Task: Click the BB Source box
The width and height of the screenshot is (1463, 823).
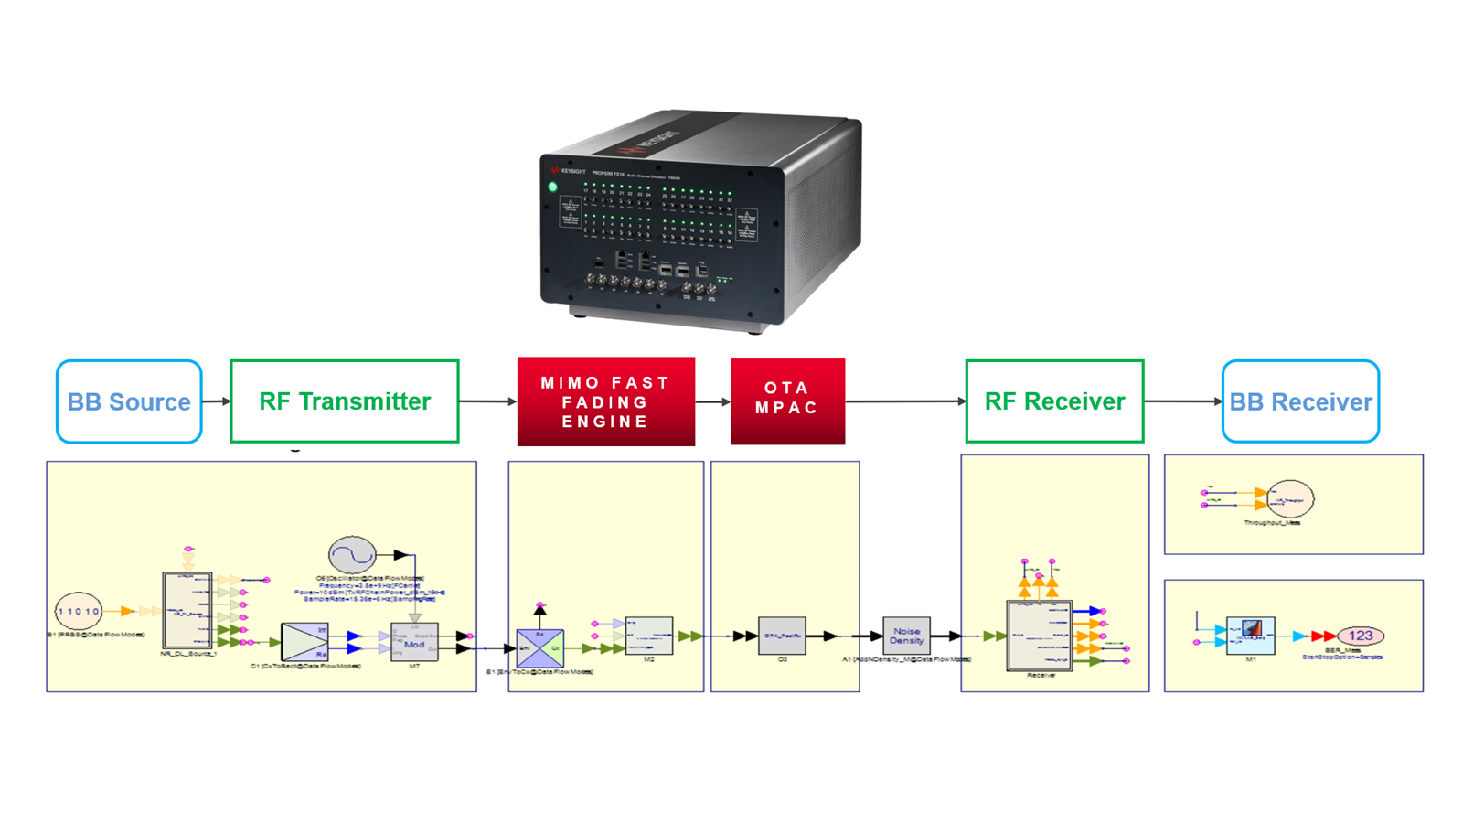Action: (129, 401)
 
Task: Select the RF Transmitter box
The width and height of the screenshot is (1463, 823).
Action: (344, 401)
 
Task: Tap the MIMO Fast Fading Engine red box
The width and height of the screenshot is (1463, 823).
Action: (605, 401)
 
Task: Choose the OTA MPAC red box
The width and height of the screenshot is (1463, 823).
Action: (787, 401)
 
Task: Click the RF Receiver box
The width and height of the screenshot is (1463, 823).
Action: (1054, 401)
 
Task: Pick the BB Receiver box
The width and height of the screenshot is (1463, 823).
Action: (1300, 401)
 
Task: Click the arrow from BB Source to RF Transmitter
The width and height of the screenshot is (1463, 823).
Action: (216, 401)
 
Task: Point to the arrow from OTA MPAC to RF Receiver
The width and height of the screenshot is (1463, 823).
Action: (905, 401)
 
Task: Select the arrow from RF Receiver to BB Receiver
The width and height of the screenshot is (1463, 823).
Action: (1182, 401)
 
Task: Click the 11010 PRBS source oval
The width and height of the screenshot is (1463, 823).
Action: (79, 611)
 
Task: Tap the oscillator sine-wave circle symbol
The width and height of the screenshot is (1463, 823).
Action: (352, 554)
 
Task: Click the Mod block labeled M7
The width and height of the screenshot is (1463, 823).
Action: (414, 642)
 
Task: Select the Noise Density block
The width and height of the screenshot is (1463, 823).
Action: (906, 636)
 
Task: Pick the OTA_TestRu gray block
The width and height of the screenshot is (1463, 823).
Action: (782, 636)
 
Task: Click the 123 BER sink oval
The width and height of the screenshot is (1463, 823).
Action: (1361, 636)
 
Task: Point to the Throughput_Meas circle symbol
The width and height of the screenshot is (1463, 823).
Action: (1290, 499)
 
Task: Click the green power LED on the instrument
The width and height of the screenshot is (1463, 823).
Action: (552, 187)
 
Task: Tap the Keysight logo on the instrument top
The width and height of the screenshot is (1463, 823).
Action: (652, 143)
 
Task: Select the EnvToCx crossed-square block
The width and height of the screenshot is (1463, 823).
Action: (539, 647)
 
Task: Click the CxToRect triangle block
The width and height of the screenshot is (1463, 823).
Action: (304, 642)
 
